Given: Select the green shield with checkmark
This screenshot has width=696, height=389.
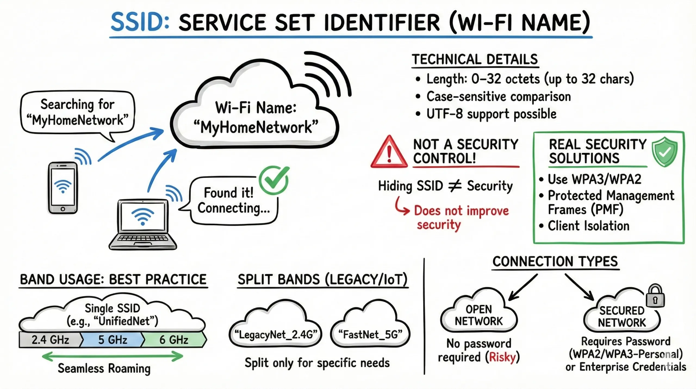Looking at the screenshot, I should pyautogui.click(x=664, y=152).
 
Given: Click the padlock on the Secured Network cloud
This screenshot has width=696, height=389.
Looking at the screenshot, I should pyautogui.click(x=655, y=297).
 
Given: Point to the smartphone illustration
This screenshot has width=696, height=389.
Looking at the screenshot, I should pyautogui.click(x=63, y=188).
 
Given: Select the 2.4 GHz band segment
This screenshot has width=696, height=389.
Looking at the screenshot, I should pyautogui.click(x=50, y=340).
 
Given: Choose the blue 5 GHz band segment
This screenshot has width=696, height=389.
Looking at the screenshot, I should pyautogui.click(x=113, y=340).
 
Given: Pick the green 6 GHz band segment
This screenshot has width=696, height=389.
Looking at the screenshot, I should pyautogui.click(x=174, y=340).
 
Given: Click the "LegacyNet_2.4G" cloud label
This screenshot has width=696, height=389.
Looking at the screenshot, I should pyautogui.click(x=275, y=335).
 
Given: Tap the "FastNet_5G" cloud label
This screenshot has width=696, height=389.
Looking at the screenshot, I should pyautogui.click(x=370, y=335).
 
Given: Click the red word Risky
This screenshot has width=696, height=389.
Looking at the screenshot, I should pyautogui.click(x=502, y=357).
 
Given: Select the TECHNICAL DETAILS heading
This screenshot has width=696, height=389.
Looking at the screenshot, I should pyautogui.click(x=475, y=60).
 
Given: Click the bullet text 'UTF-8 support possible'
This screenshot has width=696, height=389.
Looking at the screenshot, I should pyautogui.click(x=491, y=114).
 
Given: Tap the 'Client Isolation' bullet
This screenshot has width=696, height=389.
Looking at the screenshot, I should pyautogui.click(x=588, y=226).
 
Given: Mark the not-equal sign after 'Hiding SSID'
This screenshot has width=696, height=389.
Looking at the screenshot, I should pyautogui.click(x=455, y=186).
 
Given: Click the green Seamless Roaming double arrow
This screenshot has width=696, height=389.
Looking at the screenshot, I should pyautogui.click(x=113, y=356).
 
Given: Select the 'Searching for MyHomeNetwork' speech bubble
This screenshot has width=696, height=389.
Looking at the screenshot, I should pyautogui.click(x=77, y=112).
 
